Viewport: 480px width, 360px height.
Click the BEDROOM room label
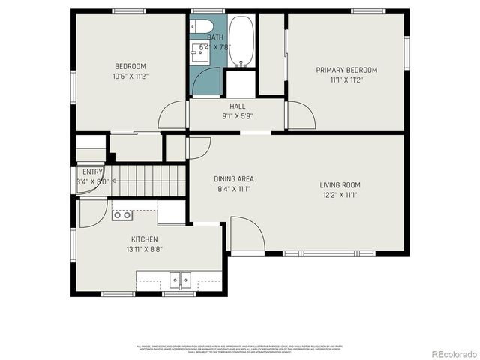pos(130,66)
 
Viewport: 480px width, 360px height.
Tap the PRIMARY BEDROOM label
pos(346,70)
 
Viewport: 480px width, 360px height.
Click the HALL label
pos(237,106)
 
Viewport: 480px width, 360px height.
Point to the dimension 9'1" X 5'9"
pos(237,116)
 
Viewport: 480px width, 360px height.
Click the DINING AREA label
pos(234,178)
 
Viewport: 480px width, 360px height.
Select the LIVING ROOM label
pos(340,185)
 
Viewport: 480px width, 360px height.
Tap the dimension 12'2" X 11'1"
pos(340,195)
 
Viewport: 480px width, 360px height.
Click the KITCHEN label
pos(145,239)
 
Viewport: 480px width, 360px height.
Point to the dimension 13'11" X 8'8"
pos(145,249)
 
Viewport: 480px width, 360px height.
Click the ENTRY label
pos(92,172)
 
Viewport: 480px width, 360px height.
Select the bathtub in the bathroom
pos(241,41)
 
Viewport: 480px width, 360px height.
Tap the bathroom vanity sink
pos(200,52)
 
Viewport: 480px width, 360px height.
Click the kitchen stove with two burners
pos(122,215)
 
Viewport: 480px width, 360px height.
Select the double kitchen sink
pos(179,280)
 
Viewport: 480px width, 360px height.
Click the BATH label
pos(215,37)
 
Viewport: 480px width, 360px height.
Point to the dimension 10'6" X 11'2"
pos(130,76)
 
